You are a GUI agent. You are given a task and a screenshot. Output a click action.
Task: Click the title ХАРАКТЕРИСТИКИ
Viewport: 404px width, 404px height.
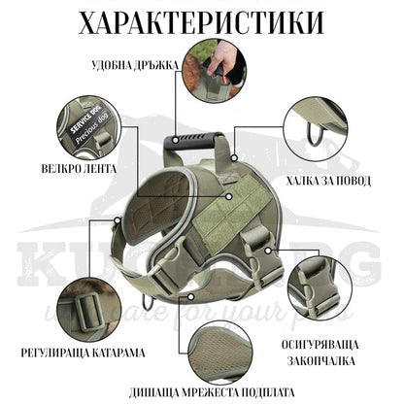coord(202,21)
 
